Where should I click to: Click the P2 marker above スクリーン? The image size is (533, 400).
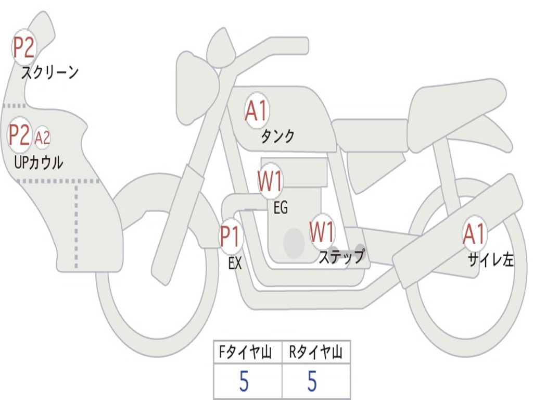(23, 47)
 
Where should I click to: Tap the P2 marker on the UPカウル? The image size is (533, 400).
(20, 135)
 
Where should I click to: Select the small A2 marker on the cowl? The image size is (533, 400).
(42, 137)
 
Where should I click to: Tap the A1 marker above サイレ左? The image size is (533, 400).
(475, 234)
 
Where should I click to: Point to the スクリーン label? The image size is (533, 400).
(49, 72)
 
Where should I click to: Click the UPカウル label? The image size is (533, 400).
(39, 162)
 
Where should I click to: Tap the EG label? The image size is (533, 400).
(281, 208)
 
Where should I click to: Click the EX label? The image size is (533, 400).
(235, 263)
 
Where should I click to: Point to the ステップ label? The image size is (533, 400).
(341, 257)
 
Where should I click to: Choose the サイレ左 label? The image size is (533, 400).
(490, 259)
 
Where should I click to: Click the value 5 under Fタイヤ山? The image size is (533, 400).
(244, 382)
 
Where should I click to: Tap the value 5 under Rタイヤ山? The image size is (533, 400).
(312, 382)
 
